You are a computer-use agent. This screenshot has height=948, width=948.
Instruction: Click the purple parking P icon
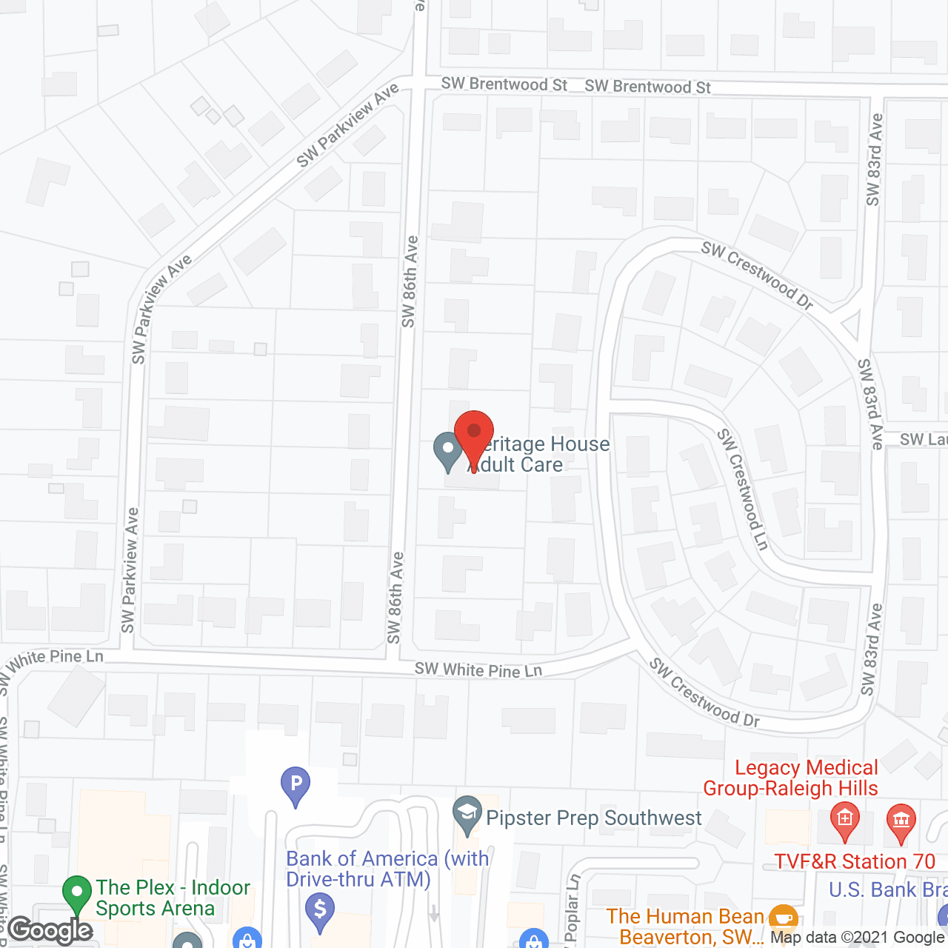tap(296, 785)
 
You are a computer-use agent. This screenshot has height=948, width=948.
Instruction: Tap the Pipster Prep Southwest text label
tap(594, 818)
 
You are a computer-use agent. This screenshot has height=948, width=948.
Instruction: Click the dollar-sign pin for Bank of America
tap(320, 911)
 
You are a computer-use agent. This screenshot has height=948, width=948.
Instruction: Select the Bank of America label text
tap(387, 869)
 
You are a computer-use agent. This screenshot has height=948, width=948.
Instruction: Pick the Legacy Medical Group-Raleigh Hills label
tap(791, 778)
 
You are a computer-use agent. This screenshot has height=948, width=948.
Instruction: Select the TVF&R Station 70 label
tap(855, 861)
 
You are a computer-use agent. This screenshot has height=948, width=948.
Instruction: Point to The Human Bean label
tap(685, 927)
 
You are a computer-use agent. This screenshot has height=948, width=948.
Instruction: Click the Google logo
tap(50, 930)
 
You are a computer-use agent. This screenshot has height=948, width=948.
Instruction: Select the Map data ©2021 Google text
tap(858, 938)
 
